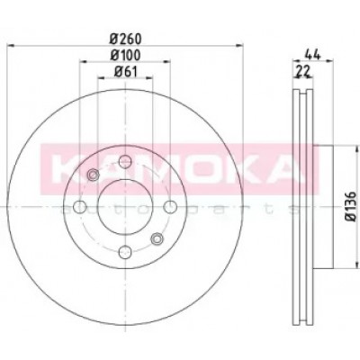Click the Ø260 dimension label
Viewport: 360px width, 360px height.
(125, 39)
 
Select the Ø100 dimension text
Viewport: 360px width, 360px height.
(125, 55)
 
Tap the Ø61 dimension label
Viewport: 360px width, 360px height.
(125, 72)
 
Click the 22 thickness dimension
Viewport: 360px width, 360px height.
(303, 72)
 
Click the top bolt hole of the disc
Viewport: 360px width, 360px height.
(125, 162)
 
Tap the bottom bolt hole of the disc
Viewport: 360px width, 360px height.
(125, 251)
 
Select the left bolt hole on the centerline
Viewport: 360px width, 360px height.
(80, 207)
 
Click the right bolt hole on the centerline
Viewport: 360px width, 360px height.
(170, 207)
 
